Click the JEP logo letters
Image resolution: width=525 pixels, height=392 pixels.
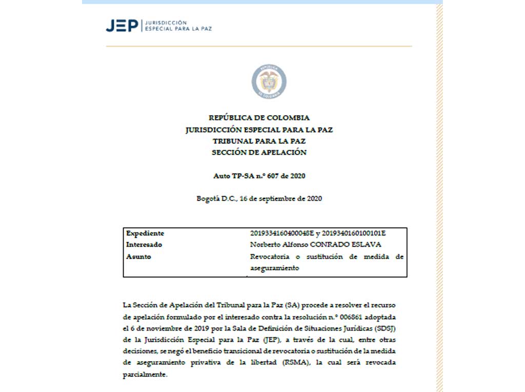click(x=122, y=26)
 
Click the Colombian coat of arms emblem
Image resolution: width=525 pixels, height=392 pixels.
click(x=269, y=82)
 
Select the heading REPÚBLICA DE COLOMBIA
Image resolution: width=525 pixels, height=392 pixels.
click(x=259, y=118)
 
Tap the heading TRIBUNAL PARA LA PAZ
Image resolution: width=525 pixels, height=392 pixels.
click(x=259, y=141)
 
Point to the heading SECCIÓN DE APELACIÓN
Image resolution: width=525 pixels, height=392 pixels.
click(x=259, y=152)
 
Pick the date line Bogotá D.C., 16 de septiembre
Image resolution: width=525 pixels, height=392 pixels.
click(x=259, y=199)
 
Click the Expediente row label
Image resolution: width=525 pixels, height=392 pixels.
click(x=145, y=233)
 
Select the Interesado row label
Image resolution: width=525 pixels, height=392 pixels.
click(x=144, y=245)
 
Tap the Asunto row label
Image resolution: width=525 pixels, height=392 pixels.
click(x=138, y=256)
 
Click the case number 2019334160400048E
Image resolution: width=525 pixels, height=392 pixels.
click(x=281, y=233)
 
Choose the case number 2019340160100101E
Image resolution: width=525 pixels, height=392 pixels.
click(x=353, y=233)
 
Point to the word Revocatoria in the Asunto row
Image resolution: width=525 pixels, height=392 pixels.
click(x=268, y=256)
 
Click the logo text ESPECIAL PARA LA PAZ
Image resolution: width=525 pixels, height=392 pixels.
click(x=179, y=29)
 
